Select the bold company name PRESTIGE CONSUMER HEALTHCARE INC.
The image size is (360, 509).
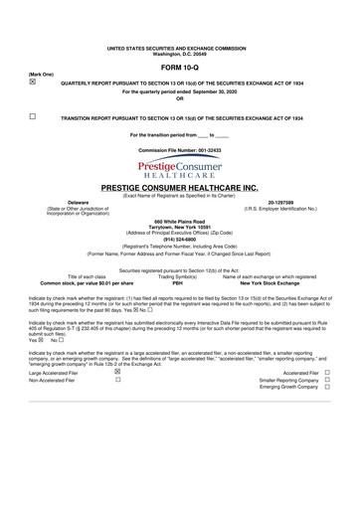(x=179, y=187)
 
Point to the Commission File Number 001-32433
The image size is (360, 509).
(x=179, y=148)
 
